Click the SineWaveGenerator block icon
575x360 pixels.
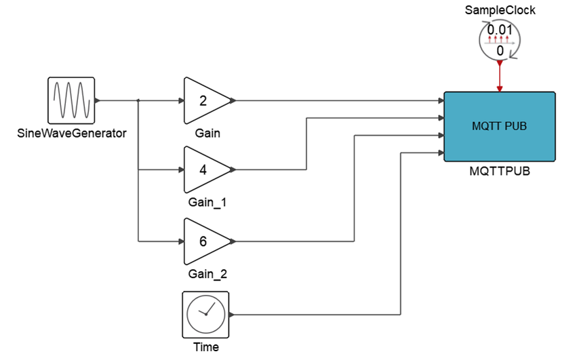pyautogui.click(x=71, y=100)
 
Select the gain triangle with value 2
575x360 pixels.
pyautogui.click(x=205, y=100)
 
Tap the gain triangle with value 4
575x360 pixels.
pyautogui.click(x=205, y=169)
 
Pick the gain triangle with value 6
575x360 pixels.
pyautogui.click(x=205, y=241)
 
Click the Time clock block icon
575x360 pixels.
pyautogui.click(x=206, y=315)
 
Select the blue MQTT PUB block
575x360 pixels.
pyautogui.click(x=499, y=126)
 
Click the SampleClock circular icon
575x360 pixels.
pyautogui.click(x=500, y=41)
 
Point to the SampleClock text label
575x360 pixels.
pyautogui.click(x=500, y=10)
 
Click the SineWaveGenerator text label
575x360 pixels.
pyautogui.click(x=71, y=133)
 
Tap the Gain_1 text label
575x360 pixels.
pyautogui.click(x=207, y=202)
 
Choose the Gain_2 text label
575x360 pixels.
pyautogui.click(x=207, y=274)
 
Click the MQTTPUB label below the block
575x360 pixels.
pyautogui.click(x=500, y=172)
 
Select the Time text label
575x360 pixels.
pyautogui.click(x=206, y=347)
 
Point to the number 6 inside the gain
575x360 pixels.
pyautogui.click(x=203, y=241)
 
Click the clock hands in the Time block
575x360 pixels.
pyautogui.click(x=209, y=312)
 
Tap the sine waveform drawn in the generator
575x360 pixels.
pyautogui.click(x=71, y=100)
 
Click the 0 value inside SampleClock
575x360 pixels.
pyautogui.click(x=500, y=51)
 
